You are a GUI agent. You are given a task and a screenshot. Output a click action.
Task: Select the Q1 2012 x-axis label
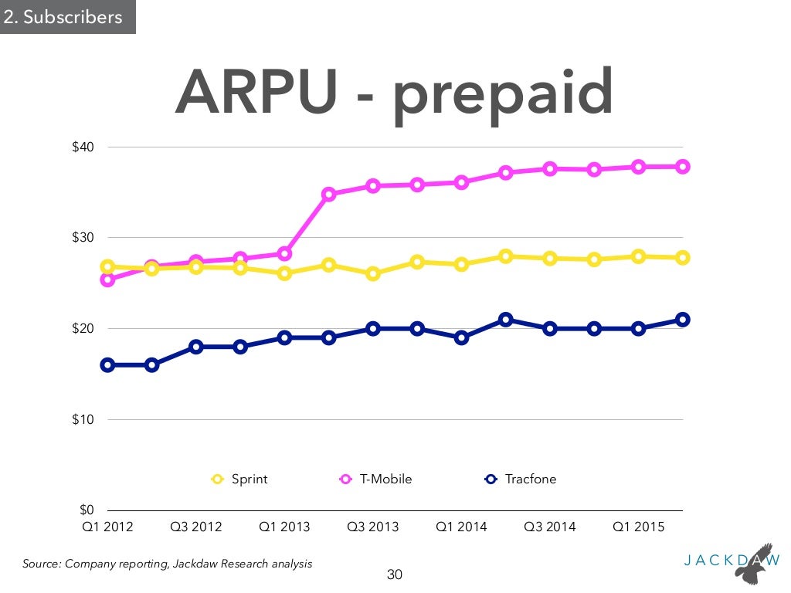coord(107,527)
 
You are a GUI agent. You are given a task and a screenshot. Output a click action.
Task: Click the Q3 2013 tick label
coord(373,527)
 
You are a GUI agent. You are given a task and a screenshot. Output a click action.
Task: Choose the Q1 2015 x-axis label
coord(639,527)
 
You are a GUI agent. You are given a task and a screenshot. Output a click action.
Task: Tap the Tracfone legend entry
coord(521,479)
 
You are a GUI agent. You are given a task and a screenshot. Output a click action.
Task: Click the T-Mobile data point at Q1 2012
coord(107,280)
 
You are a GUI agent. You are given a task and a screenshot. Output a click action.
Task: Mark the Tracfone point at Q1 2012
coord(107,365)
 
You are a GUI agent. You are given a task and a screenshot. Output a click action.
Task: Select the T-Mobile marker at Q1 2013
coord(284,253)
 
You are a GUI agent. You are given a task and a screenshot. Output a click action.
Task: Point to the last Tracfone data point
coord(683,320)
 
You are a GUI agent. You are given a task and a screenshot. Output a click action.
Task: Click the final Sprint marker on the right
coord(683,258)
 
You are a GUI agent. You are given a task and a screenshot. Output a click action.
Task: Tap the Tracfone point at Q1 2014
coord(462,337)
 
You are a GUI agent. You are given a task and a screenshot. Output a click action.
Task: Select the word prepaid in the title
coord(503,97)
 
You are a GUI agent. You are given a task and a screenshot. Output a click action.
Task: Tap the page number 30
coord(395,574)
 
